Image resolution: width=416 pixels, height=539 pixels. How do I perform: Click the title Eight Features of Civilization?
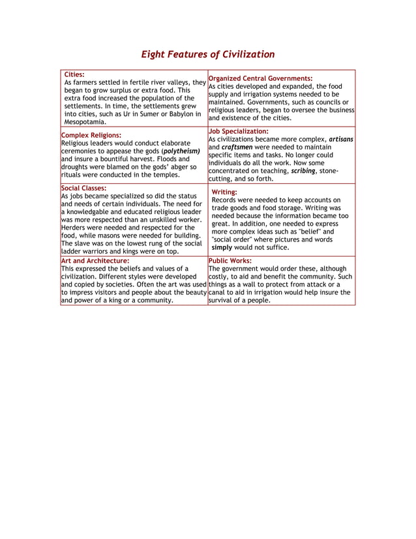coord(208,54)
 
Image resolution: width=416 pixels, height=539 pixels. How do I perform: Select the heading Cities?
coord(74,74)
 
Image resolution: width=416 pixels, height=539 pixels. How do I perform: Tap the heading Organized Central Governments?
coord(260,78)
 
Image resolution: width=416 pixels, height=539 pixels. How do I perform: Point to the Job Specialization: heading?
coord(238,131)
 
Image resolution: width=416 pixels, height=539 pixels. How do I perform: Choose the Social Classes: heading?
coord(83,188)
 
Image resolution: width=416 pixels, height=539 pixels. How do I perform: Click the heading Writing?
coord(224,192)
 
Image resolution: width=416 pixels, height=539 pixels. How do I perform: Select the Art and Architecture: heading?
coord(95,260)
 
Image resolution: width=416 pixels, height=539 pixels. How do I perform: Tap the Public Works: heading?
coord(230,260)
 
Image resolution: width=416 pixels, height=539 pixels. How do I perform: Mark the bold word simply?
coord(222,247)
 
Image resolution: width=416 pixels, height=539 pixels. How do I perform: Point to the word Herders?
coord(75,228)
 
